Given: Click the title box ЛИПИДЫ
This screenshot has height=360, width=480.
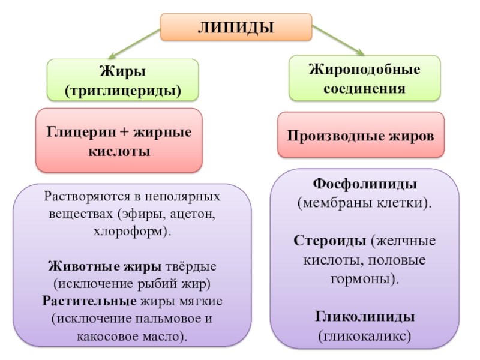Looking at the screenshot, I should [x=236, y=28].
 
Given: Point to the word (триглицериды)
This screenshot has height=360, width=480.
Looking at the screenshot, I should [x=123, y=91].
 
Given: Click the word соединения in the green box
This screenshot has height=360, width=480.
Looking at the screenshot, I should [x=365, y=89].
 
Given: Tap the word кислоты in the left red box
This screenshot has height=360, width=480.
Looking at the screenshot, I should [x=119, y=151].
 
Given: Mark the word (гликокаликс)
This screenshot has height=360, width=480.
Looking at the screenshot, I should [x=365, y=336].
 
